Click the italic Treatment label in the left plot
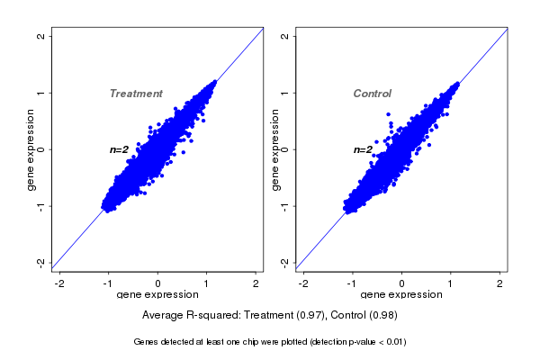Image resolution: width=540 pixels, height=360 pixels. pyautogui.click(x=136, y=94)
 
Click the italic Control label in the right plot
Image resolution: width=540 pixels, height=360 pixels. pyautogui.click(x=373, y=94)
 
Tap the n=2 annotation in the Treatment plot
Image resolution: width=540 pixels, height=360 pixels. pyautogui.click(x=120, y=149)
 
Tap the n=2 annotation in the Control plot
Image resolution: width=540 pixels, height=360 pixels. pyautogui.click(x=363, y=149)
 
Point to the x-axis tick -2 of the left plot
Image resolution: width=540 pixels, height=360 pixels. pyautogui.click(x=59, y=283)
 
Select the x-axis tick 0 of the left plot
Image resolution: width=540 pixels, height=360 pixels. pyautogui.click(x=157, y=283)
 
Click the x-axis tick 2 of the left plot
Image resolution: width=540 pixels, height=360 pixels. pyautogui.click(x=256, y=283)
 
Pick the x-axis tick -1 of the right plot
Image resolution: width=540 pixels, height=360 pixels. pyautogui.click(x=352, y=283)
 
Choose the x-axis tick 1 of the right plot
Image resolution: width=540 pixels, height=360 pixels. pyautogui.click(x=451, y=283)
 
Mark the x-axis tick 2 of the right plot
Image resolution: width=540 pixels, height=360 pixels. pyautogui.click(x=500, y=283)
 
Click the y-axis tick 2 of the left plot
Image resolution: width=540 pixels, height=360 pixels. pyautogui.click(x=41, y=36)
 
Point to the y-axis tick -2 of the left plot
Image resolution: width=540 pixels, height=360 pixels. pyautogui.click(x=41, y=262)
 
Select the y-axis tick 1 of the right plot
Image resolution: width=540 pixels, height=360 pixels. pyautogui.click(x=285, y=93)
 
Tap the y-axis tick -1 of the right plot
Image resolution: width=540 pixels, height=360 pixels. pyautogui.click(x=285, y=205)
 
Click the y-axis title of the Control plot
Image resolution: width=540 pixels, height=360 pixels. pyautogui.click(x=274, y=149)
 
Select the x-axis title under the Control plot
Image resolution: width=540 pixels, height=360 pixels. pyautogui.click(x=401, y=295)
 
